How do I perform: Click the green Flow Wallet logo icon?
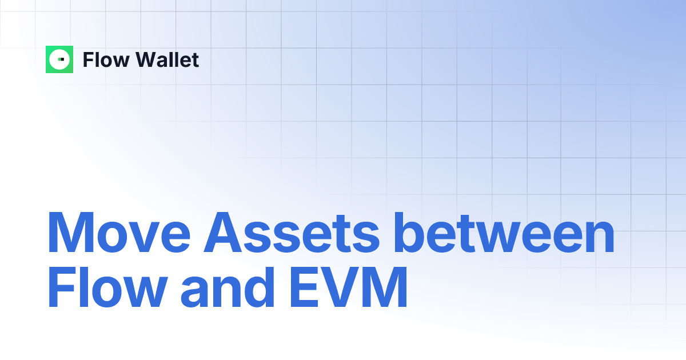(59, 59)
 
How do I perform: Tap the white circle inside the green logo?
(59, 59)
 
